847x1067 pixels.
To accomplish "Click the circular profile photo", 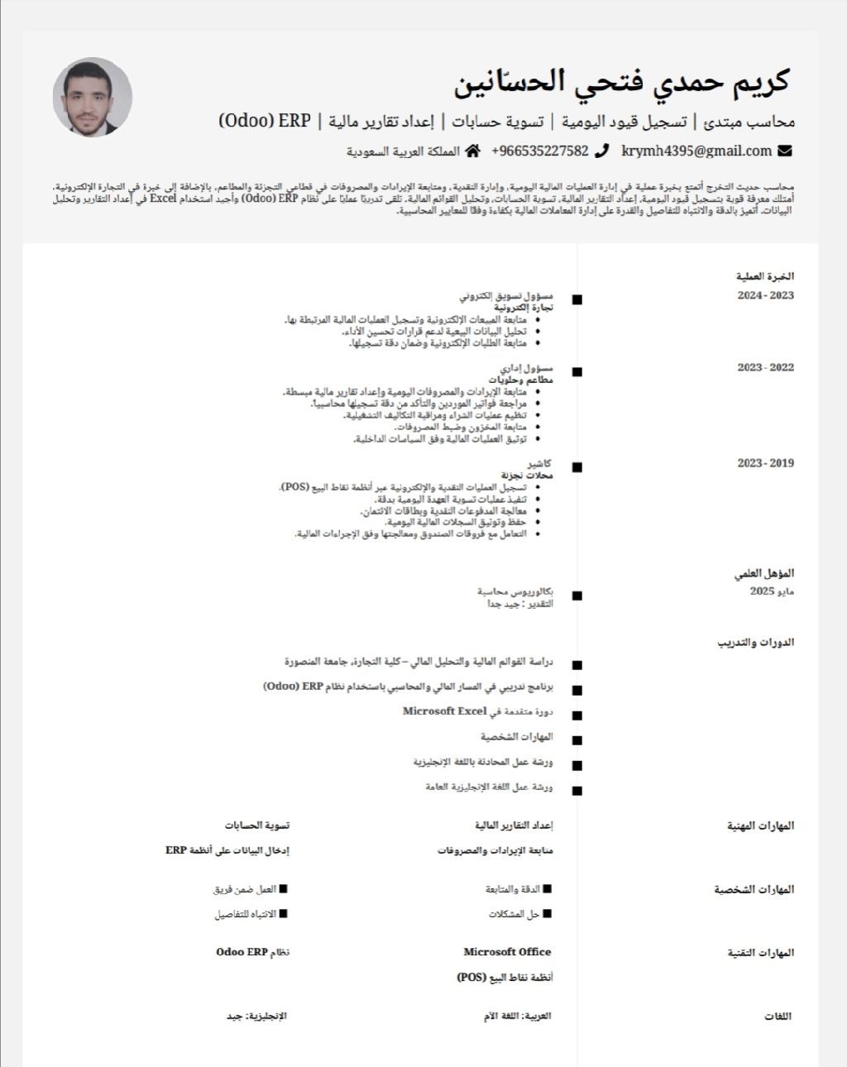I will (92, 98).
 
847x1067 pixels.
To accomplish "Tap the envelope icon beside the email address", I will (785, 151).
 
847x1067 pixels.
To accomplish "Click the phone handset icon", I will (602, 151).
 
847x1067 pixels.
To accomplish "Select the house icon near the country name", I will (473, 151).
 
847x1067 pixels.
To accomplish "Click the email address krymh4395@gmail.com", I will (696, 151).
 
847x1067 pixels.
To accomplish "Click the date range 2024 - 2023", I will (765, 296).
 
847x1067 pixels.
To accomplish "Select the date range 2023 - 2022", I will (765, 367).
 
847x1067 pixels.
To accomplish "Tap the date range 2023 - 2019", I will (765, 463).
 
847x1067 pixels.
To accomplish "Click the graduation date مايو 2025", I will (772, 591).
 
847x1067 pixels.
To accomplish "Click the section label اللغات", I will (778, 1017).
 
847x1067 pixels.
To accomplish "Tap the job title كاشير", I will (540, 464).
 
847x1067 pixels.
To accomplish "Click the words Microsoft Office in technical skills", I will (507, 952).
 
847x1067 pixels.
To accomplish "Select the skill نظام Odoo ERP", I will (252, 952).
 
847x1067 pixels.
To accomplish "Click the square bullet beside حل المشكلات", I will (547, 914).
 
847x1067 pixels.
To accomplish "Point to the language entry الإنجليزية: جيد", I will (256, 1016).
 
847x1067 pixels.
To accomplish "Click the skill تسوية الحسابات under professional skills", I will (256, 825).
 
